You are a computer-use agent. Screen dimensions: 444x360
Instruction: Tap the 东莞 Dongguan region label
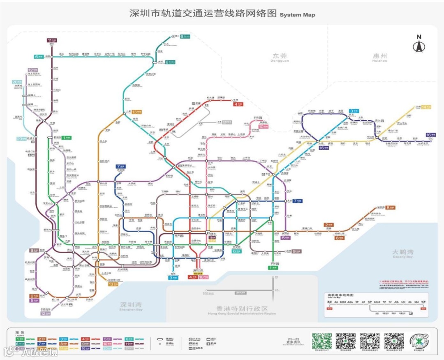(x=280, y=57)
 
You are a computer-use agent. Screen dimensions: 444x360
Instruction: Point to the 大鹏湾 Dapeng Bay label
(x=402, y=253)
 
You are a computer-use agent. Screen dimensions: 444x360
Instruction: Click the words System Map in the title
(x=297, y=15)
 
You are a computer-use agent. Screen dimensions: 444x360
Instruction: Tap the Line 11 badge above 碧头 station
(x=52, y=40)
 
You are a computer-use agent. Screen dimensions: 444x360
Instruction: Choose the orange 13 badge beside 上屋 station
(x=136, y=112)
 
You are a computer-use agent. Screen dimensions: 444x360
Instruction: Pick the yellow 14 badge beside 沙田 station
(x=426, y=107)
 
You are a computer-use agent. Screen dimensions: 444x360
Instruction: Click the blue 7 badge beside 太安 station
(x=298, y=201)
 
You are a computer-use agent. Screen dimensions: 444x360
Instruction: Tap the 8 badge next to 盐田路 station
(x=390, y=207)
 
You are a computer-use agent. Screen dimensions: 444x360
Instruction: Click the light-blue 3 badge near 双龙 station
(x=354, y=111)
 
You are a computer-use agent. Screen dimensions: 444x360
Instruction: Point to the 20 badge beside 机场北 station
(x=21, y=139)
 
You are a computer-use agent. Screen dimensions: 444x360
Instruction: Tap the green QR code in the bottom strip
(x=321, y=341)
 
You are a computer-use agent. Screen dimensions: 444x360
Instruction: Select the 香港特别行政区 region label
(x=242, y=309)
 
